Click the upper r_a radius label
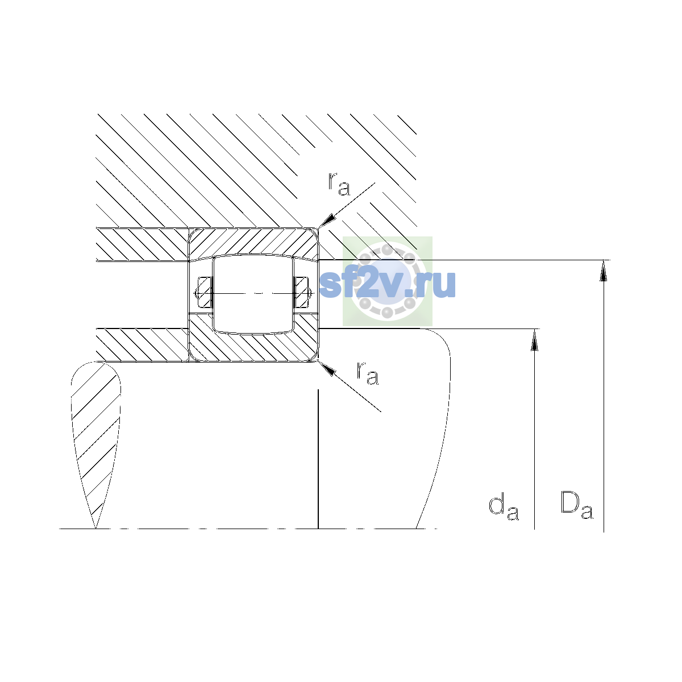tap(339, 184)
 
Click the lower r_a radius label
tap(367, 373)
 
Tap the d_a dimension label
tap(504, 508)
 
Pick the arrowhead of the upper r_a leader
tap(326, 220)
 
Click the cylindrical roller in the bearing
tap(253, 294)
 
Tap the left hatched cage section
tap(205, 292)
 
